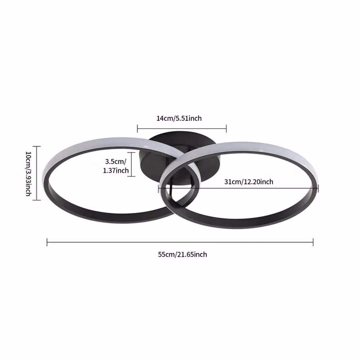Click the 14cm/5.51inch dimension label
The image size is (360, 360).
179,118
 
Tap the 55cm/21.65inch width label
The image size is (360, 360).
183,255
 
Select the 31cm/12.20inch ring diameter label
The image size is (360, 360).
249,182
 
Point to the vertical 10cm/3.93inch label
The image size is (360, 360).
28,174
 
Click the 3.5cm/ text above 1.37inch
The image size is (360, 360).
116,161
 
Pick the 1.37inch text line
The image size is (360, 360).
116,171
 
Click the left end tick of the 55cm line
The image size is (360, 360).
47,242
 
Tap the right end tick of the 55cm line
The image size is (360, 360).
313,242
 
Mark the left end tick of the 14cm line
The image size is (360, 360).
137,129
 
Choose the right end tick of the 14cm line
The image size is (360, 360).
226,129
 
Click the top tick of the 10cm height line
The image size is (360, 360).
37,146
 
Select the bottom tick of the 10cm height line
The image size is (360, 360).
37,200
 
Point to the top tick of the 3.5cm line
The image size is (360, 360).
131,152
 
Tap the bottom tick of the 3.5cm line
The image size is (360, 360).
131,176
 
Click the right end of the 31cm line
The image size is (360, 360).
318,189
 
